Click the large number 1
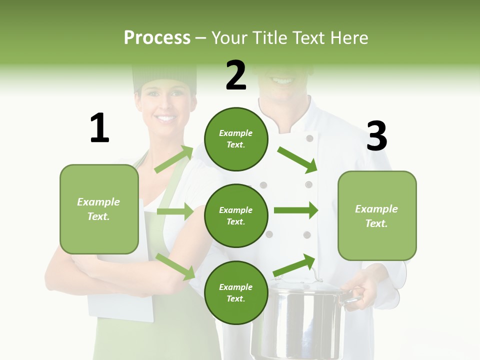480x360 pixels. point(99,128)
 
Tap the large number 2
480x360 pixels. point(236,75)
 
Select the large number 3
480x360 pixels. point(376,136)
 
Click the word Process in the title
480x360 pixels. point(157,37)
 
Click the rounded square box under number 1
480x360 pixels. point(99,209)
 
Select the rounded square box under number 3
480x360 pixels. point(377,216)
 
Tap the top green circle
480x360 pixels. point(236,138)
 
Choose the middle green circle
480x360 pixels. point(236,215)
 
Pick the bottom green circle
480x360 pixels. point(236,292)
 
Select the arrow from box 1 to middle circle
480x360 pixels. point(175,211)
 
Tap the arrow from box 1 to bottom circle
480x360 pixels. point(175,266)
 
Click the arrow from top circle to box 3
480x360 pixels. point(297,159)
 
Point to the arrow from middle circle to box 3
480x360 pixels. point(295,210)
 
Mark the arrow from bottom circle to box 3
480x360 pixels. point(294,265)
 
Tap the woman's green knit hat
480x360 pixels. point(164,77)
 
